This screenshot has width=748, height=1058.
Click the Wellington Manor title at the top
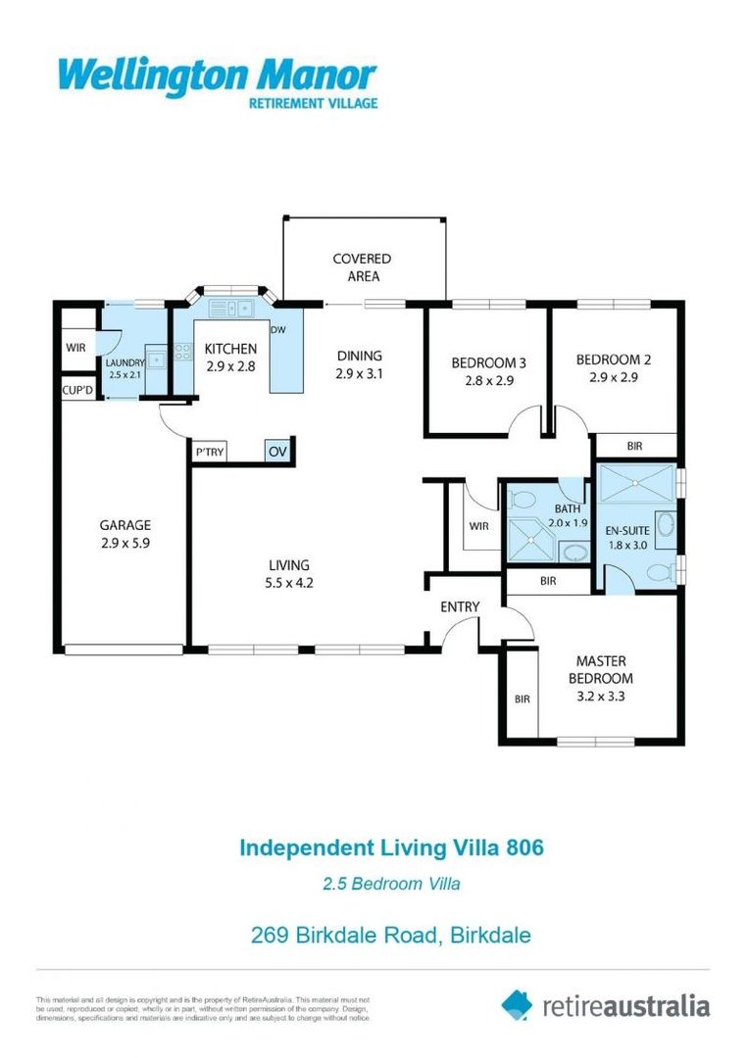click(217, 74)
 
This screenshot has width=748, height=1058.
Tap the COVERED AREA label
click(362, 267)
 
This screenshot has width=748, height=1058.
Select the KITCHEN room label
click(230, 349)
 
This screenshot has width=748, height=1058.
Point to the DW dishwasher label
click(278, 330)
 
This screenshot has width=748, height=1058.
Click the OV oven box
click(277, 452)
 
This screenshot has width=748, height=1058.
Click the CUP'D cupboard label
click(77, 390)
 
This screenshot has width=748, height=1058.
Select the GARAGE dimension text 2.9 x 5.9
click(125, 542)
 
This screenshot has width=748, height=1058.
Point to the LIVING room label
click(289, 565)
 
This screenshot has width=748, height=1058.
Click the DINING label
click(359, 356)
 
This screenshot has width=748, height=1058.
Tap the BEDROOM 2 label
click(614, 360)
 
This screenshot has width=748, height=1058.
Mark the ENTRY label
click(460, 607)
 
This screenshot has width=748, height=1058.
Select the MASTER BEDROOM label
click(602, 669)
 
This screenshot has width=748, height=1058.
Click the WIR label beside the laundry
click(76, 348)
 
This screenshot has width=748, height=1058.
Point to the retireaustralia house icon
click(518, 1004)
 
